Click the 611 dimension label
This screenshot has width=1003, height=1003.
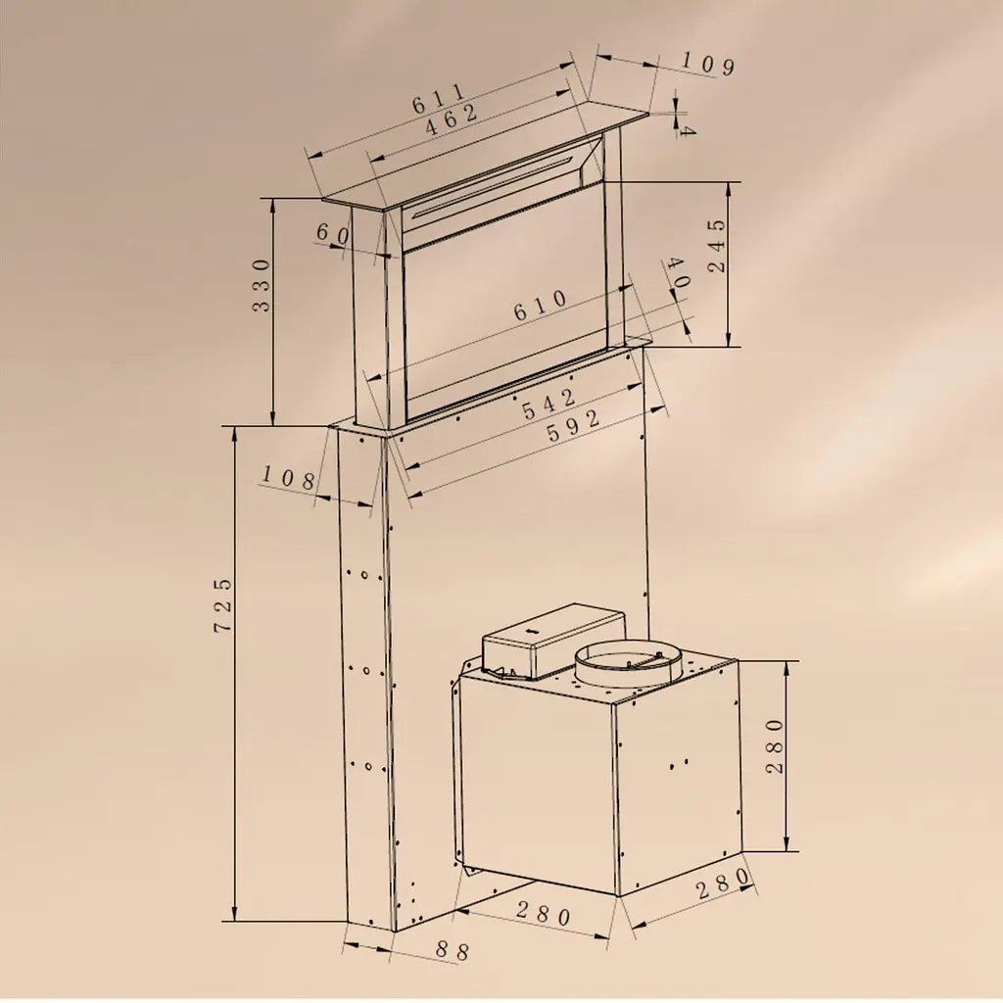coord(439,98)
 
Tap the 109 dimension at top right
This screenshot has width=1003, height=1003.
coord(707,64)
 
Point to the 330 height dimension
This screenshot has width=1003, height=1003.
coord(262,285)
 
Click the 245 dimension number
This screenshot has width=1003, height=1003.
coord(718,246)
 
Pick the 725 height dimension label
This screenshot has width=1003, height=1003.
coord(222,605)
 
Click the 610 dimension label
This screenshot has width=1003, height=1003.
coord(541,307)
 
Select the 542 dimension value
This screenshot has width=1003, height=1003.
coord(549,405)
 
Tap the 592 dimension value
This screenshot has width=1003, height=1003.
coord(574,425)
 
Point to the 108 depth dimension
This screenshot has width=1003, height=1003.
coord(289,477)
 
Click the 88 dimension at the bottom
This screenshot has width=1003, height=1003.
coord(453,950)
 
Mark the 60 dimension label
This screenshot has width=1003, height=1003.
coord(333,234)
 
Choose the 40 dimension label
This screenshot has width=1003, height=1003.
coord(678,272)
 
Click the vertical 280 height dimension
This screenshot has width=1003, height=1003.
coord(775,745)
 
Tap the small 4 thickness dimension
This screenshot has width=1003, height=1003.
coord(688,130)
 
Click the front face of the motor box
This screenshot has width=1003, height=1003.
coord(538,785)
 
